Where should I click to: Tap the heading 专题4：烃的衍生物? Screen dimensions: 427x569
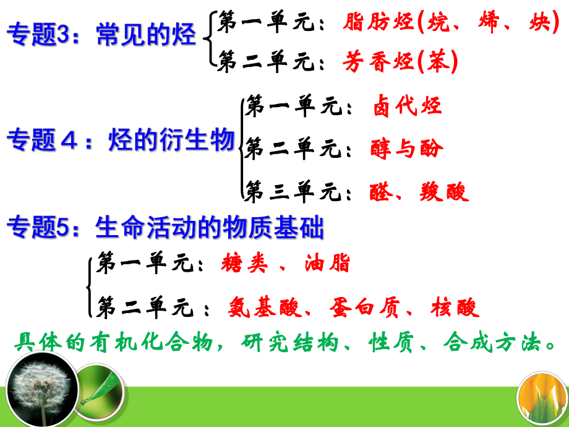pyautogui.click(x=120, y=140)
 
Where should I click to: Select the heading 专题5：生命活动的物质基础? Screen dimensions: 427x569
pyautogui.click(x=165, y=229)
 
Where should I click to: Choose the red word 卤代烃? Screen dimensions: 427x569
pyautogui.click(x=407, y=106)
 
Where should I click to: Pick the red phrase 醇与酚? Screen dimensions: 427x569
pyautogui.click(x=407, y=149)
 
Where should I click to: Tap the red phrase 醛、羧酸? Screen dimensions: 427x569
pyautogui.click(x=419, y=191)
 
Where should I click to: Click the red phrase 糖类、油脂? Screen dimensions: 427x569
pyautogui.click(x=285, y=264)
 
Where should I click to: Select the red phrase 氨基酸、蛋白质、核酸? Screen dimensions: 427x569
pyautogui.click(x=354, y=307)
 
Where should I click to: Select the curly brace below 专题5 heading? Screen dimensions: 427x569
pyautogui.click(x=90, y=286)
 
